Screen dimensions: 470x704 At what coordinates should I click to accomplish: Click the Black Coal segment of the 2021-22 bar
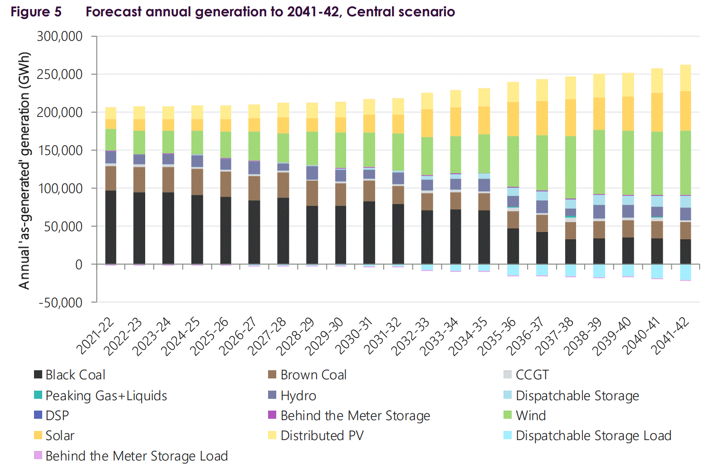point(111,227)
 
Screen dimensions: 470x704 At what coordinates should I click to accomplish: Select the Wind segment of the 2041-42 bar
point(685,163)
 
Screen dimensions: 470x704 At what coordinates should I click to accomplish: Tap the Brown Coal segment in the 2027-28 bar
point(283,185)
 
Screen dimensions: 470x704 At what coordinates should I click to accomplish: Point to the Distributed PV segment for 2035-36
point(513,92)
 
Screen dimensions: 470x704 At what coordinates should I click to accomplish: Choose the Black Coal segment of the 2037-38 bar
point(570,252)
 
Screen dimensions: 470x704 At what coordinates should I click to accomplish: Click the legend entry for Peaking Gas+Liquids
point(106,396)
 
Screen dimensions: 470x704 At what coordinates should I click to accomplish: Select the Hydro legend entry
point(298,396)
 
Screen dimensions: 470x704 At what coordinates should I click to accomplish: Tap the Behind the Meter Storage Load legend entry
point(137,456)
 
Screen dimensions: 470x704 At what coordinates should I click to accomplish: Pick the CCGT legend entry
point(532,375)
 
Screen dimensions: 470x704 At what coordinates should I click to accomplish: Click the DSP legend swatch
point(38,415)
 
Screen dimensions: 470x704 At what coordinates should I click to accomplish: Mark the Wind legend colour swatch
point(508,415)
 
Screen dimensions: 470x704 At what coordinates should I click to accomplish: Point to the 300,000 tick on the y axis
point(60,36)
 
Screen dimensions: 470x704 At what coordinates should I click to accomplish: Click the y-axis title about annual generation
point(24,170)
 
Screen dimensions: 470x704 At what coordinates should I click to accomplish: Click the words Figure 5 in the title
point(36,12)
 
